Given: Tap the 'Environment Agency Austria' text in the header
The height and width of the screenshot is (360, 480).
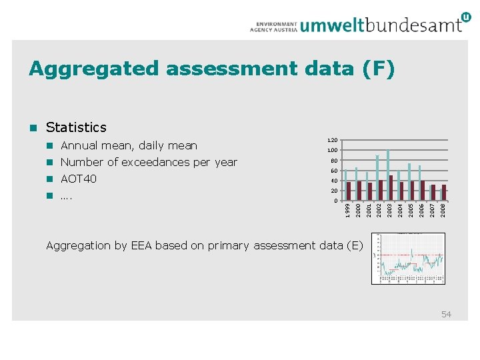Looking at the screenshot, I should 273,25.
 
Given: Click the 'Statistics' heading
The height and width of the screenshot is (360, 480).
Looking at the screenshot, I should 77,127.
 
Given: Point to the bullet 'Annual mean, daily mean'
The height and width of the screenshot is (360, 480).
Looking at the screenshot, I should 129,145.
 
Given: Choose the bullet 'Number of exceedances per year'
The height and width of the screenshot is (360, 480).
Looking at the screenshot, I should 149,162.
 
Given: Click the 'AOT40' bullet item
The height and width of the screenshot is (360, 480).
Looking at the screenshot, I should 79,179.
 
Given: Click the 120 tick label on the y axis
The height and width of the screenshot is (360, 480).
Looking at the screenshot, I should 332,141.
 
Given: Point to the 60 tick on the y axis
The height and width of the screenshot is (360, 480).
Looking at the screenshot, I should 334,171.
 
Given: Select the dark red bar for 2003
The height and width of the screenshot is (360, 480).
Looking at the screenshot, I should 391,187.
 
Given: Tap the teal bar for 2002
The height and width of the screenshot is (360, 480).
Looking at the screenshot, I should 377,177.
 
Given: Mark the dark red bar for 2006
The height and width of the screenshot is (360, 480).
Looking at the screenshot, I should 423,190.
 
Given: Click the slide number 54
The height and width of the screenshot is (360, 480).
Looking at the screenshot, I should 446,314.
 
